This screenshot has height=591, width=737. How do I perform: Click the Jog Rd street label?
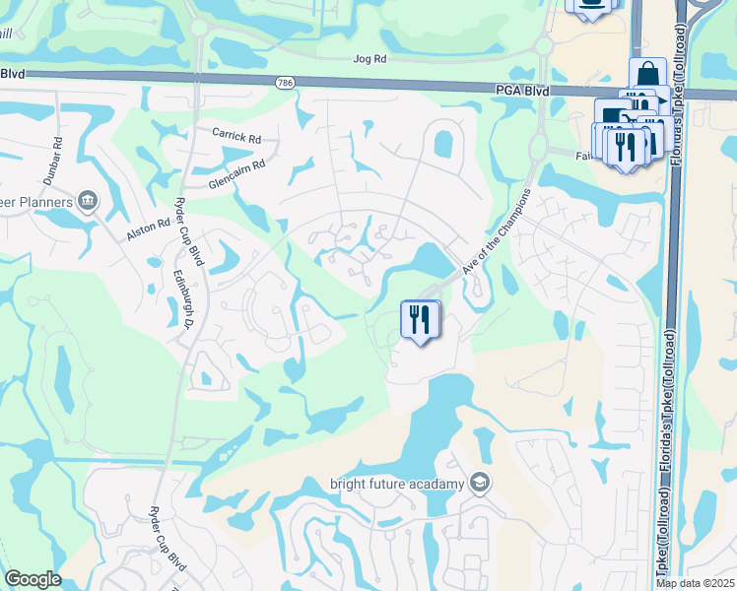[x=370, y=59]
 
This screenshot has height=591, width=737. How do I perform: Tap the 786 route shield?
[x=284, y=82]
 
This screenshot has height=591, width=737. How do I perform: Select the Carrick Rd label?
[x=236, y=135]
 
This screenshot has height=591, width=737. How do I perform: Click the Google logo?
[x=33, y=579]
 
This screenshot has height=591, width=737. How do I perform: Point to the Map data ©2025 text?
[x=696, y=583]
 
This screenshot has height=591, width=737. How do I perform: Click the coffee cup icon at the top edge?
[x=592, y=4]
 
